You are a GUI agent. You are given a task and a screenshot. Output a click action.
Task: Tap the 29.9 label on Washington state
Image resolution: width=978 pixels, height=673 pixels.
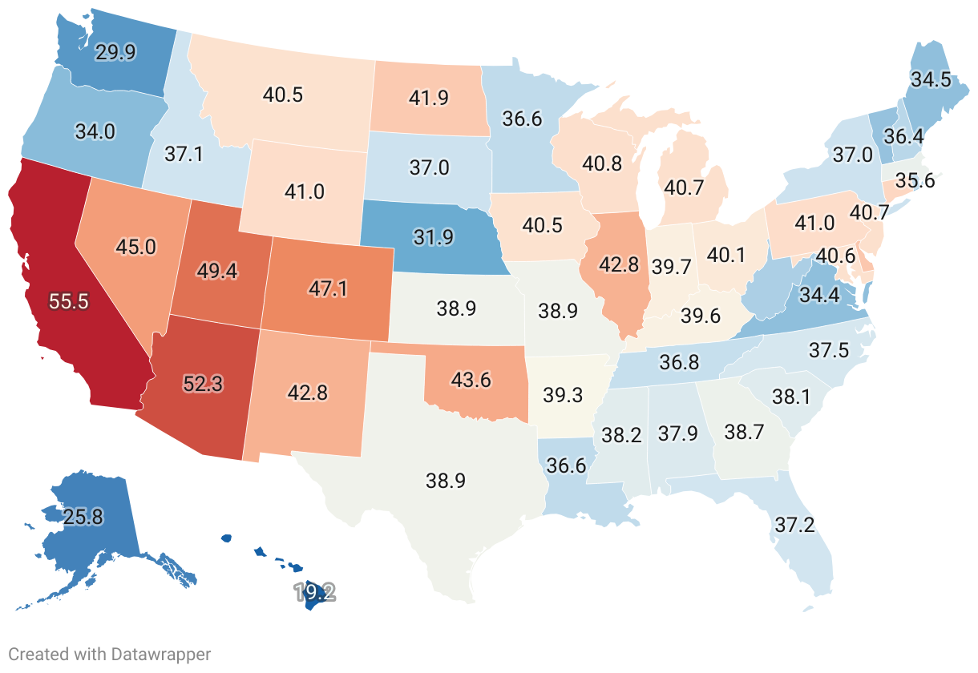[x=115, y=53]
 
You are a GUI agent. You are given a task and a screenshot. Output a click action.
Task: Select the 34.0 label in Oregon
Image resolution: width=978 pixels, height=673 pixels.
[x=95, y=131]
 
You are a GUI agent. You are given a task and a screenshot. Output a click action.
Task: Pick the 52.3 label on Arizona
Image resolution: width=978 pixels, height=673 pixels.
[x=202, y=384]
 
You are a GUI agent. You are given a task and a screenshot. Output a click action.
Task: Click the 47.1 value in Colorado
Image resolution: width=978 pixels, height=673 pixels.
[x=329, y=289]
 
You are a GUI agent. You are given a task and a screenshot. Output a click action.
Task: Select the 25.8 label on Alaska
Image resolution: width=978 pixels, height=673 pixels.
[x=83, y=518]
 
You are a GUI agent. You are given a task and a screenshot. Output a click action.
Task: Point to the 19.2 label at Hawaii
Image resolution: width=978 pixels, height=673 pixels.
[x=314, y=593]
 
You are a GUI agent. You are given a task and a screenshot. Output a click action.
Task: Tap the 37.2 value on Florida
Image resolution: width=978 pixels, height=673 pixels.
[x=794, y=525]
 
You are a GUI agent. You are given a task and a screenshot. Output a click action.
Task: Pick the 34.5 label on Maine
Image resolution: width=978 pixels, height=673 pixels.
[x=930, y=79]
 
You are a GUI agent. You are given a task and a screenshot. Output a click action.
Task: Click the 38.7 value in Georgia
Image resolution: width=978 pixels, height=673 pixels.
[x=743, y=432]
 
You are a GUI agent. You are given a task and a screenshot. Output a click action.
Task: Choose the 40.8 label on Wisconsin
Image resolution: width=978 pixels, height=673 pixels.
[x=602, y=164]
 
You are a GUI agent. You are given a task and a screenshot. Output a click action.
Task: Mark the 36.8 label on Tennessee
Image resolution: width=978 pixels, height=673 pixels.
[x=679, y=363]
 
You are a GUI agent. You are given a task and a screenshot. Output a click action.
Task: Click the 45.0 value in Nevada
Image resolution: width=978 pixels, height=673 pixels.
[x=135, y=247]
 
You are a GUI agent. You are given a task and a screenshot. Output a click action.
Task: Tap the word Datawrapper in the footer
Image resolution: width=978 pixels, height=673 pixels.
[x=167, y=655]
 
